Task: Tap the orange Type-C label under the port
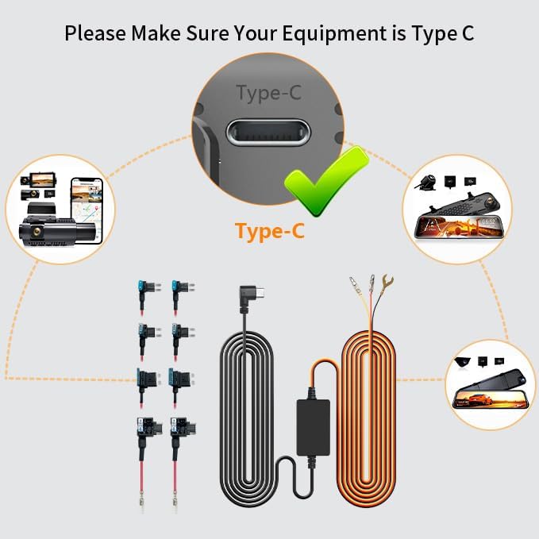point(269,231)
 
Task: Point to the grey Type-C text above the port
point(269,93)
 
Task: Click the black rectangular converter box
point(314,426)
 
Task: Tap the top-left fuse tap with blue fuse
point(144,293)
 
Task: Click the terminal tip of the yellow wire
point(352,282)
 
